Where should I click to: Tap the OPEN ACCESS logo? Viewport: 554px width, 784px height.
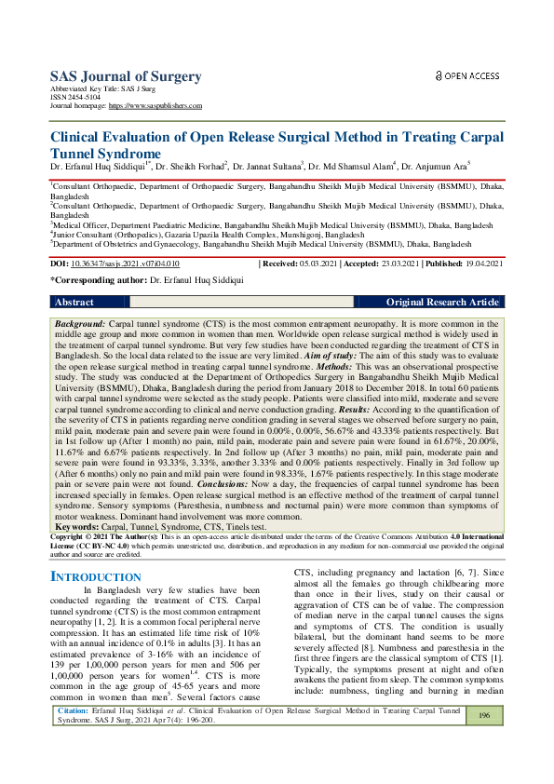[x=468, y=74]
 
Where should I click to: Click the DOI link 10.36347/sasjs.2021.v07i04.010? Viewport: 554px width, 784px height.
[x=126, y=264]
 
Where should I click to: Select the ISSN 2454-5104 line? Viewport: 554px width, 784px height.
[x=75, y=99]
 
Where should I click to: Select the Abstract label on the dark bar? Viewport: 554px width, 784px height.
[x=74, y=303]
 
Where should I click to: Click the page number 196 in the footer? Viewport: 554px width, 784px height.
[x=483, y=741]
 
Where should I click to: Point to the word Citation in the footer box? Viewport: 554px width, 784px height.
[x=73, y=736]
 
